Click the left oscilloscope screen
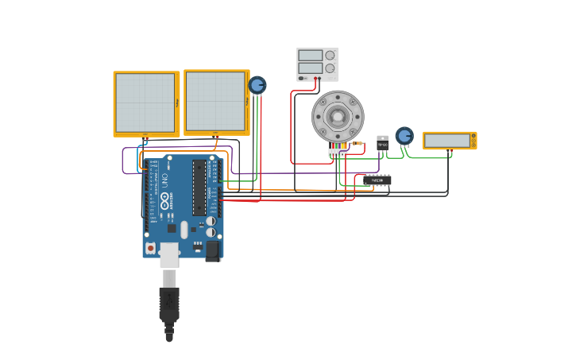(x=145, y=103)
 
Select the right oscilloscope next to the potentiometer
(x=216, y=101)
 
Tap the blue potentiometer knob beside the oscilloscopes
(x=257, y=85)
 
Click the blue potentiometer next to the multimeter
(x=404, y=136)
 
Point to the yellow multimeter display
(x=447, y=141)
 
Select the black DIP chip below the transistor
(x=377, y=180)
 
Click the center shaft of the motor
(x=338, y=117)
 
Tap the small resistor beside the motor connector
(x=357, y=143)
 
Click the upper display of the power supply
(x=310, y=56)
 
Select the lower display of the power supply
(x=310, y=68)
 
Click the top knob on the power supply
(x=330, y=56)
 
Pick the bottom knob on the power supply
(x=330, y=68)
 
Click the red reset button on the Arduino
(x=150, y=248)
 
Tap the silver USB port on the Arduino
(x=169, y=254)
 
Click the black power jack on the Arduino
(x=212, y=250)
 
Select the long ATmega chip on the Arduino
(x=199, y=188)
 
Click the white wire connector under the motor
(x=338, y=152)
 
